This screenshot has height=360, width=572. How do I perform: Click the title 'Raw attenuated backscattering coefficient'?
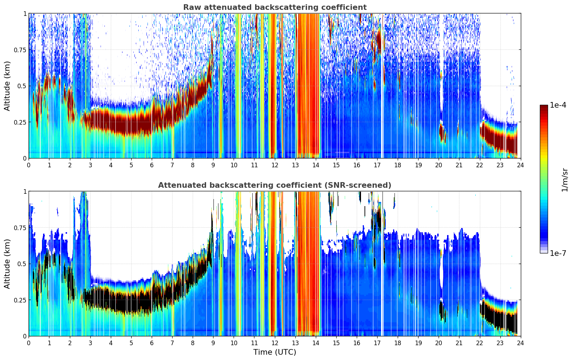275,7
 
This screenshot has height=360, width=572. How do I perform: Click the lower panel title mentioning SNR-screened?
275,185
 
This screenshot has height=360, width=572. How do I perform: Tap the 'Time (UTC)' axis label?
275,352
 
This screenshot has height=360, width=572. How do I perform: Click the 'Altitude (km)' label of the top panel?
7,86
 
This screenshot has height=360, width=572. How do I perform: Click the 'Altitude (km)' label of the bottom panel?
7,264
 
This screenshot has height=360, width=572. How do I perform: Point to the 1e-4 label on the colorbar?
558,105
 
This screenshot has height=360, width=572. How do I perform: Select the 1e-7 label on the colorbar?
558,253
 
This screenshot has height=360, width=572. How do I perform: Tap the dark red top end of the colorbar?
544,107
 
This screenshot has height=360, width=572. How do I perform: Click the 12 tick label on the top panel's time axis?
275,165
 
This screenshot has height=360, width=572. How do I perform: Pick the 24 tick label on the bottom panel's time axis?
520,343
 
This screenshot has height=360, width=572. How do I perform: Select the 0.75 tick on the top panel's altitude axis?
20,50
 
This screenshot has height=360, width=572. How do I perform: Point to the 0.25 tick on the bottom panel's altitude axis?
20,300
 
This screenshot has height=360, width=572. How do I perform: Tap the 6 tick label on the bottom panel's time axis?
152,343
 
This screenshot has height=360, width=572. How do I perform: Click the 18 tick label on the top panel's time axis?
398,165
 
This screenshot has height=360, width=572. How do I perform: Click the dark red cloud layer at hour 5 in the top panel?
131,124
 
